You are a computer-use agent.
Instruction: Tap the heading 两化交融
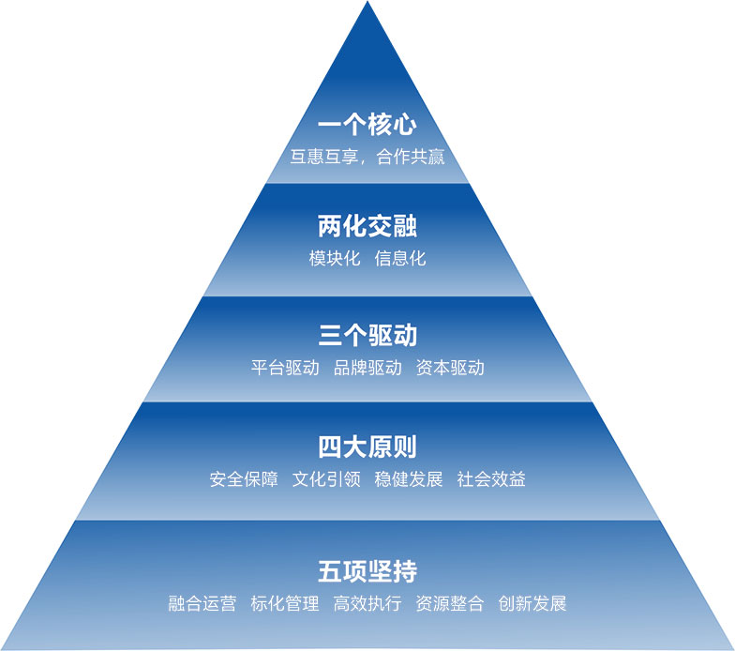(x=367, y=227)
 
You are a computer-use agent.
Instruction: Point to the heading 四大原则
(x=367, y=447)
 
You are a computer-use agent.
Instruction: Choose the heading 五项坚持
(x=367, y=570)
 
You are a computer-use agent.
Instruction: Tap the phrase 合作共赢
(x=411, y=156)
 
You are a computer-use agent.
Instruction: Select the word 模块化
(x=335, y=258)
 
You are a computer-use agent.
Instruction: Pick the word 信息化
(x=400, y=258)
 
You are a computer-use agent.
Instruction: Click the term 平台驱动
(x=285, y=368)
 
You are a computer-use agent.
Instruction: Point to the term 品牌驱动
(x=367, y=368)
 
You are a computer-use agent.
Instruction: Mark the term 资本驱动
(x=450, y=368)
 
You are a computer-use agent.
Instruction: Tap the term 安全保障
(x=244, y=479)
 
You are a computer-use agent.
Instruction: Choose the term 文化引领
(x=326, y=479)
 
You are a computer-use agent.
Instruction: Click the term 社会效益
(x=491, y=479)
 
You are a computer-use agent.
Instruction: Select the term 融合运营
(x=202, y=603)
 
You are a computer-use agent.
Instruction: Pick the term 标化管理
(x=285, y=603)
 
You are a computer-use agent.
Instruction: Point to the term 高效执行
(x=367, y=603)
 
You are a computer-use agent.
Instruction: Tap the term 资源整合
(x=450, y=603)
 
